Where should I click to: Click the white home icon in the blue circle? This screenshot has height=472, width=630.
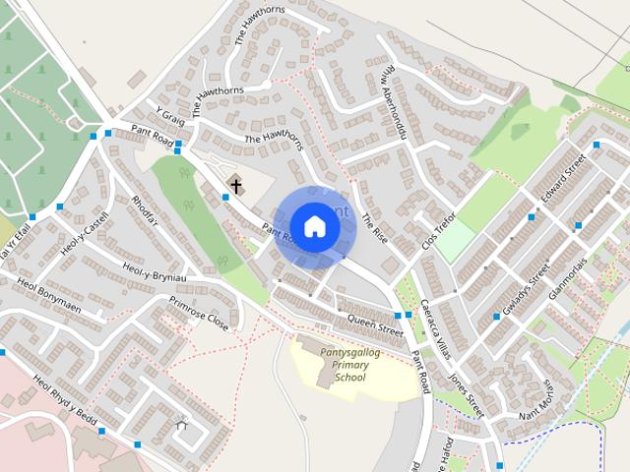[x=314, y=226]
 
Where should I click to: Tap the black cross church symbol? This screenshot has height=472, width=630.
[x=236, y=185]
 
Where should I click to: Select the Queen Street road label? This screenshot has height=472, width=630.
[x=376, y=324]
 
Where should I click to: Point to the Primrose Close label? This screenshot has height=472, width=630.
[x=199, y=314]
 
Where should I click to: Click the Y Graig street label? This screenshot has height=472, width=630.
[x=170, y=119]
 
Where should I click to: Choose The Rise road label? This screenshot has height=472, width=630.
[x=375, y=229]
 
